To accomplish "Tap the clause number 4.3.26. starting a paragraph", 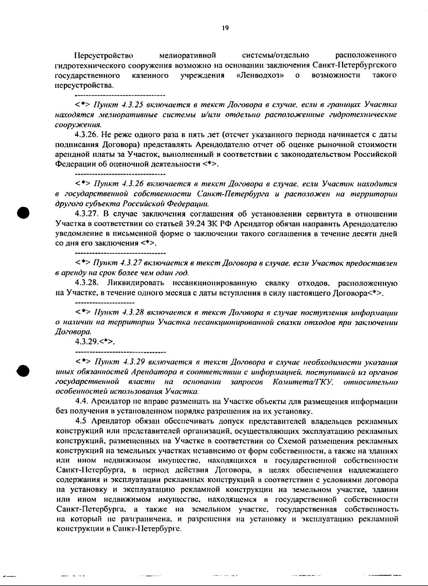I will click(87, 135).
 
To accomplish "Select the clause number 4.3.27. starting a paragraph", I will click(87, 214).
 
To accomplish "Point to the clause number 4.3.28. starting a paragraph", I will click(87, 283).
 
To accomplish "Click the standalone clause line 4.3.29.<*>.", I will click(95, 341).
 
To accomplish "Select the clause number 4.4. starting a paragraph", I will click(83, 402).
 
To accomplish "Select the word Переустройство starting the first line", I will click(104, 56).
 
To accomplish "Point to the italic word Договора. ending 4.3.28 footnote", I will click(71, 332).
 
